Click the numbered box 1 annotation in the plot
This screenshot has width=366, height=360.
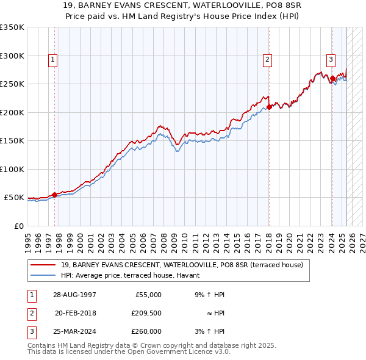54,60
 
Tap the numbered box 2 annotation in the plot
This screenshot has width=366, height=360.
268,60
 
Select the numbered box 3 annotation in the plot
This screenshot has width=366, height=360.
331,60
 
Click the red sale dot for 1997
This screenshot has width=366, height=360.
54,195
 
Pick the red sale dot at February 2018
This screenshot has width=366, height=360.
269,107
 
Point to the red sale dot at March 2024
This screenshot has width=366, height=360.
332,78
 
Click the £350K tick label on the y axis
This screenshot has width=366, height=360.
12,27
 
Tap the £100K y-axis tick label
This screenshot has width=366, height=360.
12,169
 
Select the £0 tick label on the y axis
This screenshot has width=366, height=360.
18,226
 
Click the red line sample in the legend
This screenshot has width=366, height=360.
43,265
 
